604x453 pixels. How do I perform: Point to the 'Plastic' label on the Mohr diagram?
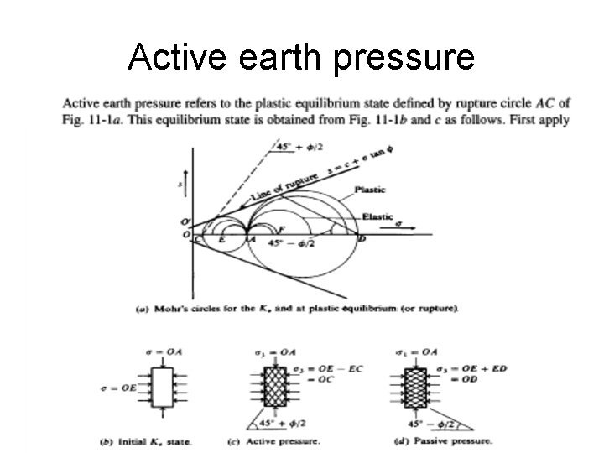click(x=371, y=190)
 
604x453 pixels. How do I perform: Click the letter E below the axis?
click(x=221, y=240)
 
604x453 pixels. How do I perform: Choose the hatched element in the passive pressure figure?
click(x=410, y=389)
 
